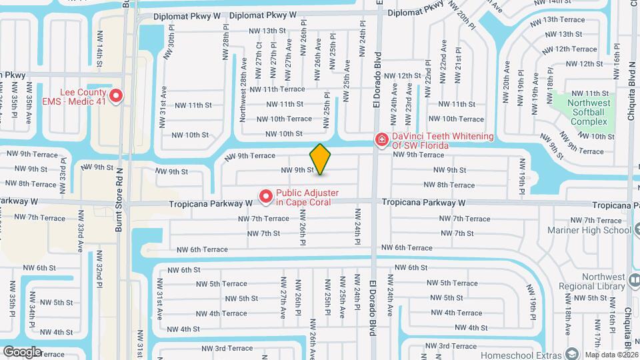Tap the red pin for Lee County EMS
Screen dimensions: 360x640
click(116, 97)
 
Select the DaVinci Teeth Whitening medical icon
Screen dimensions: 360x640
click(381, 140)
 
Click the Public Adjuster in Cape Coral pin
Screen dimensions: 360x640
click(265, 197)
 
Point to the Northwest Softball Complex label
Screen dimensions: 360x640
click(588, 113)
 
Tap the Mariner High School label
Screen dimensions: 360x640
click(589, 230)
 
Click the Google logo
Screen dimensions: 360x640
click(21, 352)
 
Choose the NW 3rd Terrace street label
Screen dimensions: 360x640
click(224, 348)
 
